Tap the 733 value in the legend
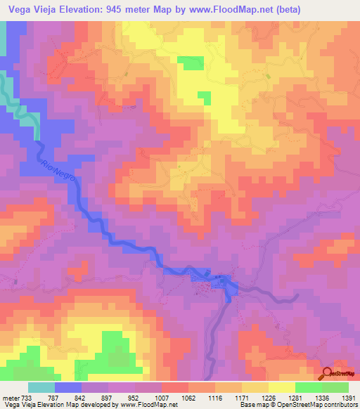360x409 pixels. tap(28, 398)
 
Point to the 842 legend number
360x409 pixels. tap(81, 398)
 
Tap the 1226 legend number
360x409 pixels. tap(268, 398)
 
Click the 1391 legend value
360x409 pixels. tap(347, 398)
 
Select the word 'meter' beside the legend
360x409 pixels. tap(10, 398)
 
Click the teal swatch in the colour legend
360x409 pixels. tap(41, 387)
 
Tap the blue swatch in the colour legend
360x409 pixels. tap(68, 387)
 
